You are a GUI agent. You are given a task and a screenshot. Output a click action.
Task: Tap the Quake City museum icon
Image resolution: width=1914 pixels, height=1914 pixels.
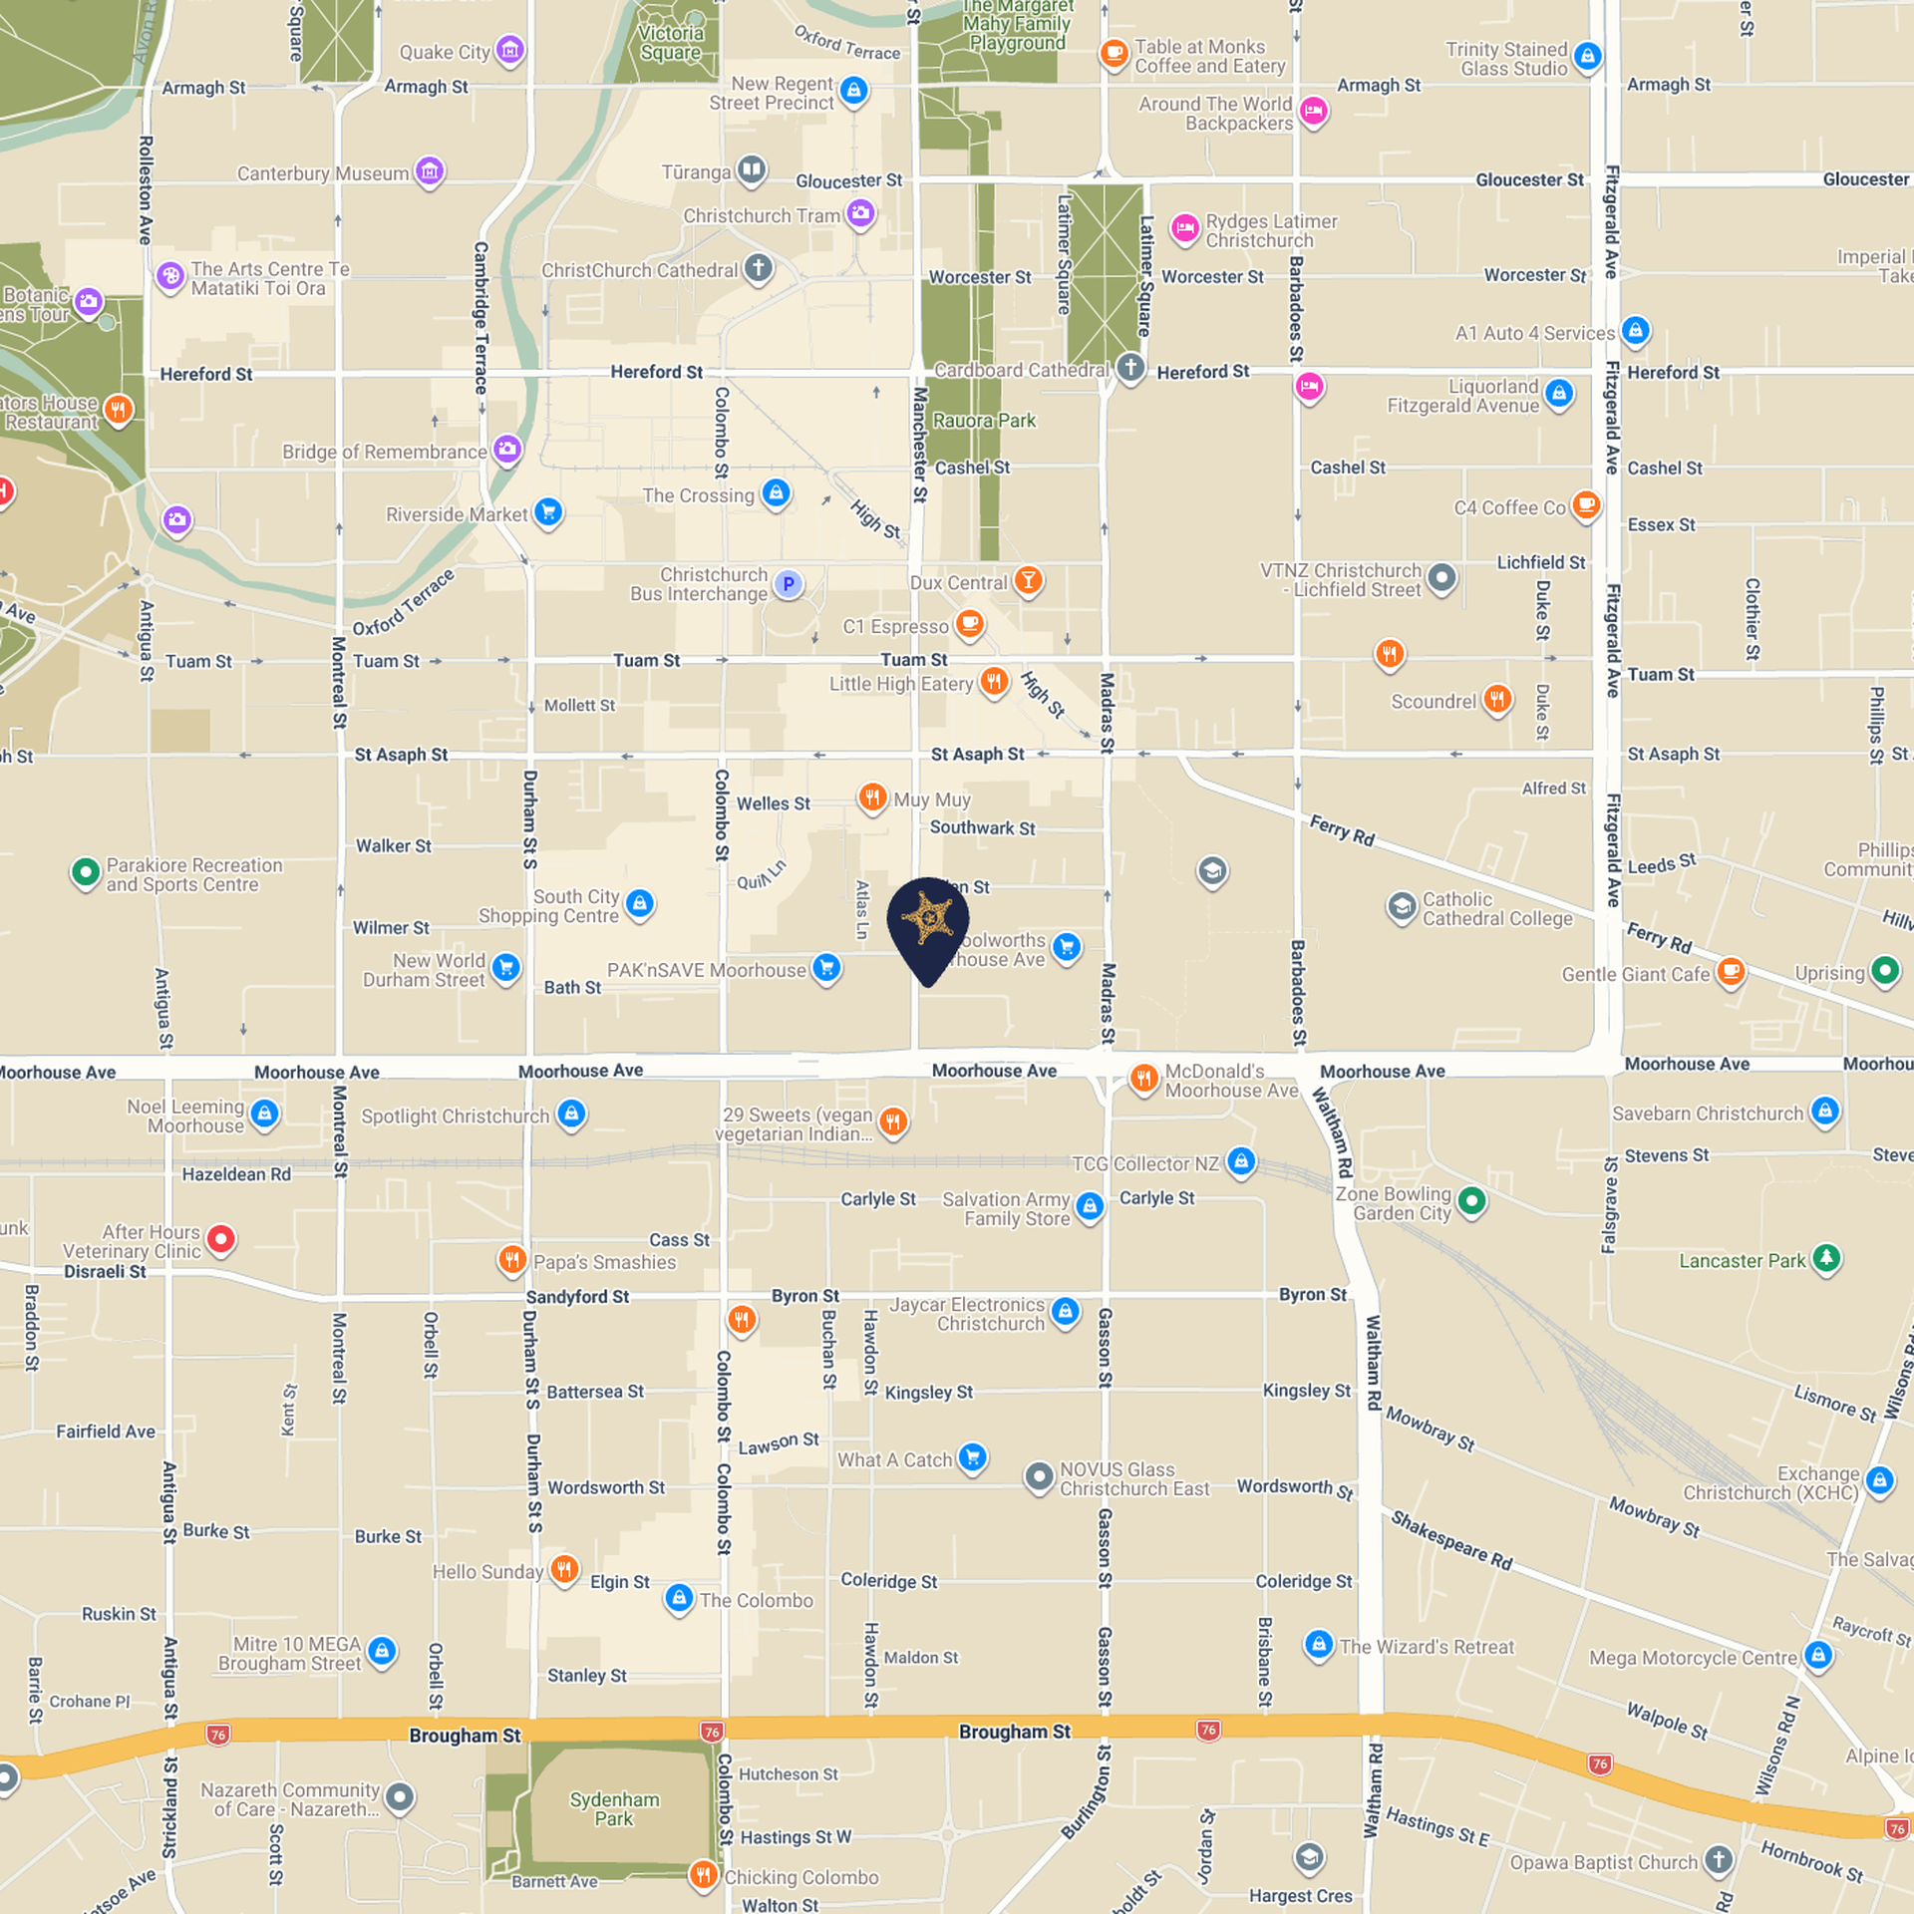[x=510, y=50]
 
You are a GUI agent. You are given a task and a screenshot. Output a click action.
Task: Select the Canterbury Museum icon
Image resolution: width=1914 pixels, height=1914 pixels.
[x=430, y=171]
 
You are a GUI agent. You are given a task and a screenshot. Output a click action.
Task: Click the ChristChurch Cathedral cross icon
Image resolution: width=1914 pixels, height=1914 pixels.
[x=759, y=268]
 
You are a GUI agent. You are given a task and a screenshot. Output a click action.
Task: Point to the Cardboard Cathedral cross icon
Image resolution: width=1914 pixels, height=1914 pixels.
[x=1130, y=368]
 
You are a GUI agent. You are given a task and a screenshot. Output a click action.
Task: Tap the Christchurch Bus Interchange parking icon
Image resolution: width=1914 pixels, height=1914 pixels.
[x=789, y=584]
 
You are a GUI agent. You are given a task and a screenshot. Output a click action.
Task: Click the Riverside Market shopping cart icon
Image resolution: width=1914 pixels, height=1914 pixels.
[x=548, y=512]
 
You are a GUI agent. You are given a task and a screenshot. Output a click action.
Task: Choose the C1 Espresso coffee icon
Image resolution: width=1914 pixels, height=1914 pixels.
[x=969, y=625]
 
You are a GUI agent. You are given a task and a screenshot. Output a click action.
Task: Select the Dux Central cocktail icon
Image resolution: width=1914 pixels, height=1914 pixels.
[x=1029, y=580]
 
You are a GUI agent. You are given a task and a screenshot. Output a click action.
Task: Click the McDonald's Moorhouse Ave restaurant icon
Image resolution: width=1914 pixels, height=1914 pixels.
[x=1144, y=1078]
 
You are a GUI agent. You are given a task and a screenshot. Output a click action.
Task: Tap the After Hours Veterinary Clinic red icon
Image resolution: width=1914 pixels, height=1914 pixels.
[x=221, y=1239]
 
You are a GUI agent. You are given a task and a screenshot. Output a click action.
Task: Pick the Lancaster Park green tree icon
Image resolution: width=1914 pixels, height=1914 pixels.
[x=1826, y=1258]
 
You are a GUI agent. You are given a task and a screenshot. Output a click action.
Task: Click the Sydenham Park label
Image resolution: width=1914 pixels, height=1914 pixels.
[x=614, y=1808]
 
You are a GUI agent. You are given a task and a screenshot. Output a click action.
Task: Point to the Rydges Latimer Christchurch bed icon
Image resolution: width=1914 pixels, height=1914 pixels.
[x=1185, y=229]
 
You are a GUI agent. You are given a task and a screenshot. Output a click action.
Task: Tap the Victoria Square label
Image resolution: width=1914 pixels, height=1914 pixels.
[x=671, y=43]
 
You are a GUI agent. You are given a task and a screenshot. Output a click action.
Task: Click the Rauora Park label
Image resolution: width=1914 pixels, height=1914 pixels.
[x=984, y=421]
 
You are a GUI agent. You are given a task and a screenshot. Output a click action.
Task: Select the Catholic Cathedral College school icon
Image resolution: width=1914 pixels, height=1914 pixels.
[x=1402, y=907]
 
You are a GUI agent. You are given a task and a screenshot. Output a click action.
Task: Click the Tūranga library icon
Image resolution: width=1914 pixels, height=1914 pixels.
[x=752, y=170]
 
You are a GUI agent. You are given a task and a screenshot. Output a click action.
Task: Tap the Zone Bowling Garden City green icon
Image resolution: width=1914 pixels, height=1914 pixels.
[x=1471, y=1201]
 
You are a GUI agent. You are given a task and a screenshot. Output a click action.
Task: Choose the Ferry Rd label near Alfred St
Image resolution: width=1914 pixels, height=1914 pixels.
[x=1342, y=830]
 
